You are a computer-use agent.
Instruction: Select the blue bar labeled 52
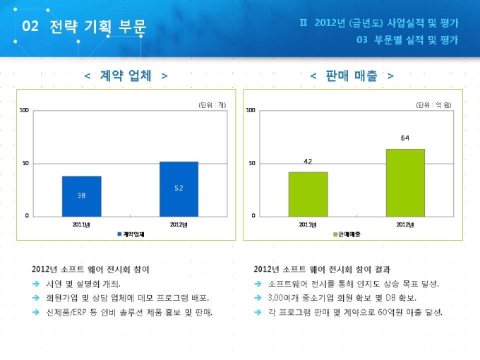pos(179,188)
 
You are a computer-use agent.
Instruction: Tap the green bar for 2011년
pos(308,193)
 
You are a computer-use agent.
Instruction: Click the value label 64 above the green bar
pos(405,138)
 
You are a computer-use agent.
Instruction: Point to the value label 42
pos(308,162)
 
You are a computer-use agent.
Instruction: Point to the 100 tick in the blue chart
pos(24,111)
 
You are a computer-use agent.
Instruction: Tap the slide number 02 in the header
pos(30,27)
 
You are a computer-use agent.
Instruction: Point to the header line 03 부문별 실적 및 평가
pos(407,40)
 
